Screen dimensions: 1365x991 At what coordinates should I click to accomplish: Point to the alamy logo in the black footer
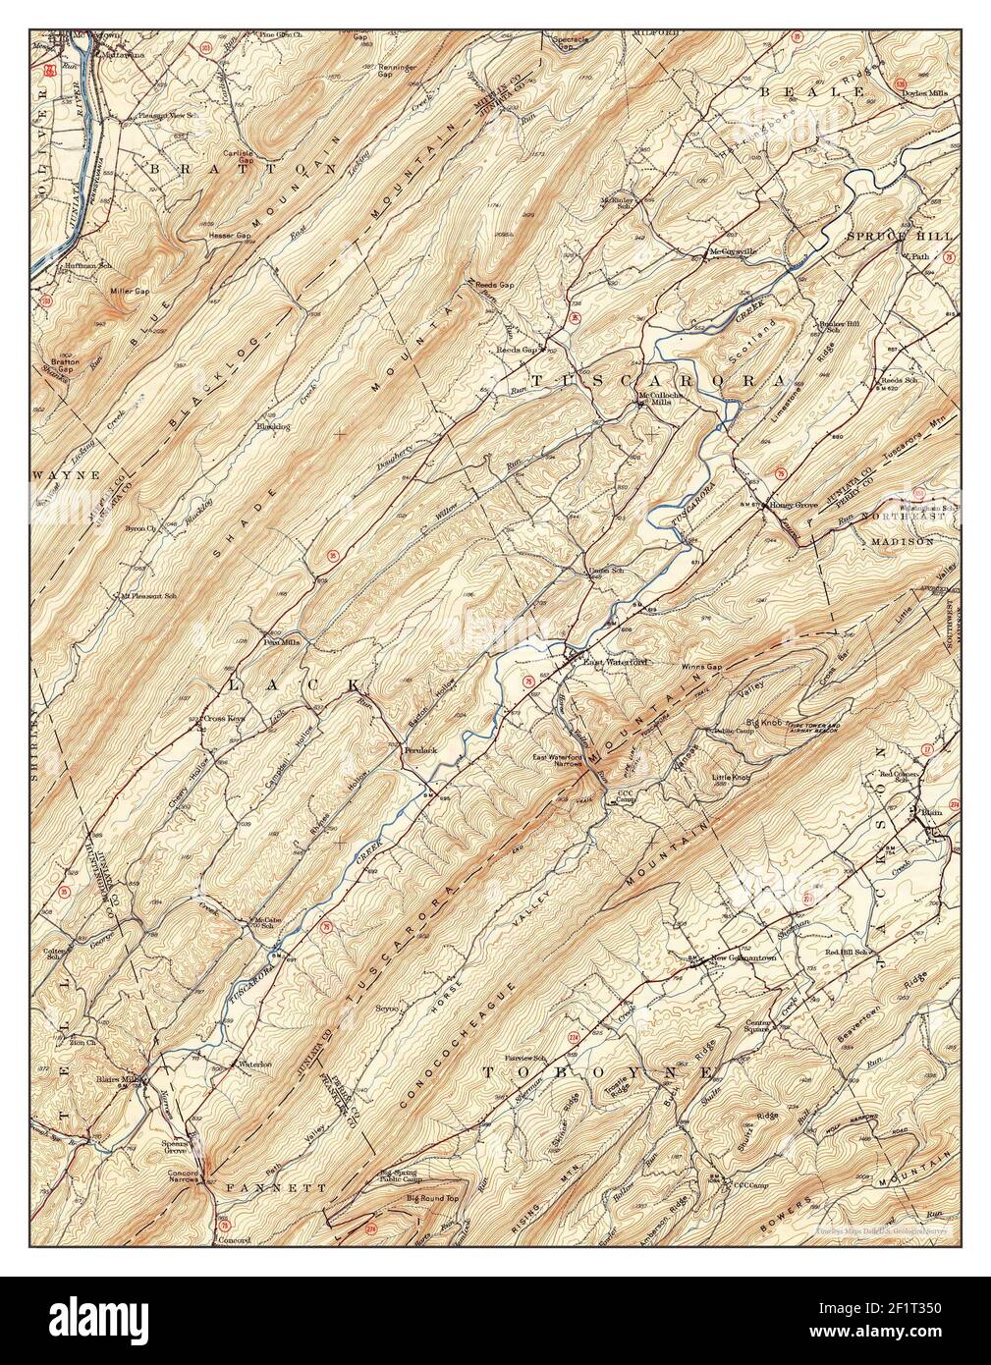tap(98, 1320)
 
